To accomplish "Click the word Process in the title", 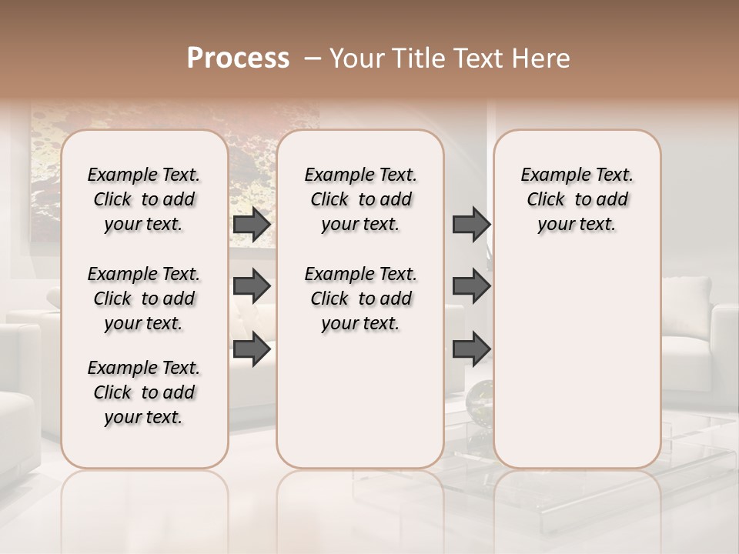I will (238, 58).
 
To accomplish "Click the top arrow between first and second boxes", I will (252, 225).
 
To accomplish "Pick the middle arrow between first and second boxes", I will (252, 286).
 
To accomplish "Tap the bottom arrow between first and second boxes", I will (252, 349).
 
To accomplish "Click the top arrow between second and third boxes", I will (471, 225).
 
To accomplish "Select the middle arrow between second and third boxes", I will (471, 286).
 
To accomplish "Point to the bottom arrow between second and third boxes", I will (471, 349).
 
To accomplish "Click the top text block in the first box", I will (144, 199).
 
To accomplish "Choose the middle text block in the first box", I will (144, 299).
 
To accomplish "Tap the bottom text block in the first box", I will (144, 392).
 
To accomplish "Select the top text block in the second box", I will (361, 199).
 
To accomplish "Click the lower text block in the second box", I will (361, 299).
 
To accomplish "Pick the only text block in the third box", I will (577, 199).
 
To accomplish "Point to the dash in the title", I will (313, 59).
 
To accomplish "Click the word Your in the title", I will (358, 58).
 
